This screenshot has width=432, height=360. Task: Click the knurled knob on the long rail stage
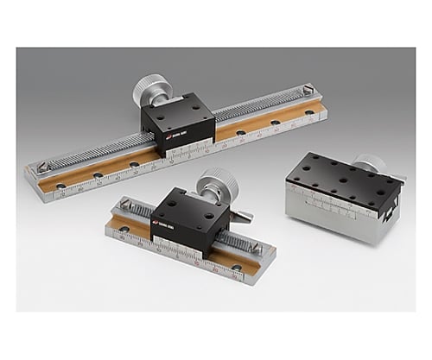(x=151, y=90)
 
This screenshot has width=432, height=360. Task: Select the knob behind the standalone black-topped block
(x=371, y=164)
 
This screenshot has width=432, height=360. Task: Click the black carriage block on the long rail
(x=177, y=123)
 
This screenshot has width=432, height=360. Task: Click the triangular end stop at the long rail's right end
(x=308, y=90)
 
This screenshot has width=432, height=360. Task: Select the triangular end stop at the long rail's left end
(x=40, y=166)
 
